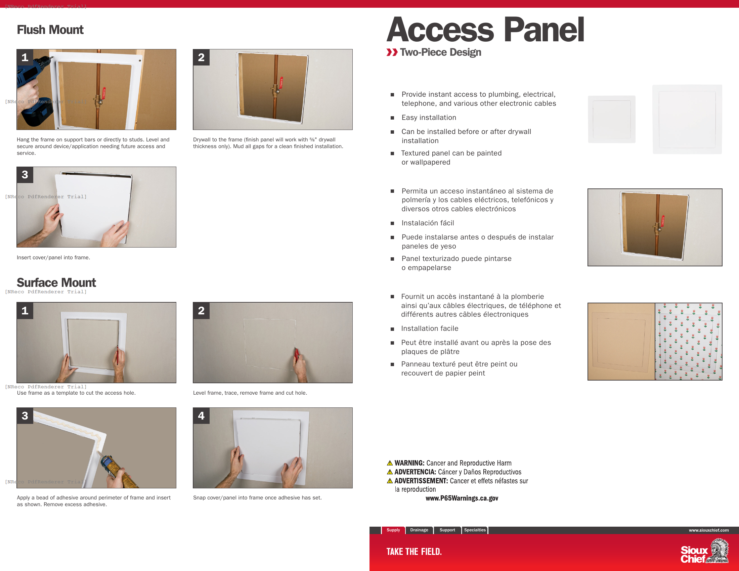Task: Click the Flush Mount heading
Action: coord(50,30)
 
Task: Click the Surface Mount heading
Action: coord(56,282)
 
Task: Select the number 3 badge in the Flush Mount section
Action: coord(25,175)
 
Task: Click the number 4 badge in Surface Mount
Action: coord(201,416)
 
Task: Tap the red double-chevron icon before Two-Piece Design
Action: coord(392,52)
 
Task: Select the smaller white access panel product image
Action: coord(611,119)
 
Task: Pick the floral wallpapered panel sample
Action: coord(688,341)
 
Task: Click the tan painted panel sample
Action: coord(621,341)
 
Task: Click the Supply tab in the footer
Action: coord(393,530)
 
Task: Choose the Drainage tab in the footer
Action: coord(419,530)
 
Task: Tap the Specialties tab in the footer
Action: coord(474,530)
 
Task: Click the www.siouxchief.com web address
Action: coord(708,530)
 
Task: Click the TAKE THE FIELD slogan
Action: coord(414,552)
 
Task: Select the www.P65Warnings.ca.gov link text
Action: coord(462,498)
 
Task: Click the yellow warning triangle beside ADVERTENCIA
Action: coord(390,472)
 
